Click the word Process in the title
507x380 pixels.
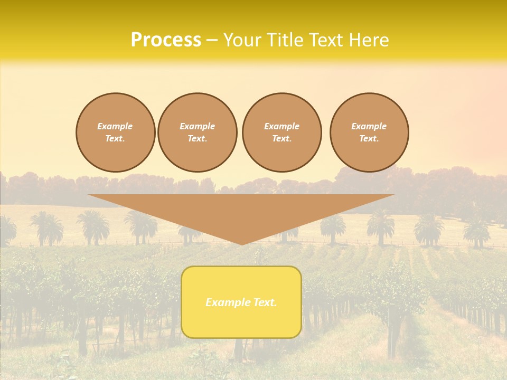point(166,40)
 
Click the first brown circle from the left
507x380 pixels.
point(116,132)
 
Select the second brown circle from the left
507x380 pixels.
point(198,132)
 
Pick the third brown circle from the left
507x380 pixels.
point(282,132)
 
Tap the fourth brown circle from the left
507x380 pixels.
point(369,132)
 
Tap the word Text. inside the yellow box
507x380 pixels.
point(264,302)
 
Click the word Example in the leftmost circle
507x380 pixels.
point(115,126)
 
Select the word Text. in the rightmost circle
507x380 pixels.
point(369,139)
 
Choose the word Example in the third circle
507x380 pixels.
point(282,126)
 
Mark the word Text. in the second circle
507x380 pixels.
point(198,139)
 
